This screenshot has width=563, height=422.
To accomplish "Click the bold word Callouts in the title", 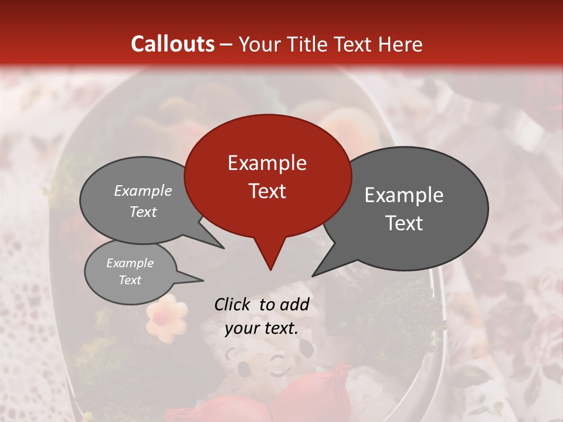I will (x=172, y=44).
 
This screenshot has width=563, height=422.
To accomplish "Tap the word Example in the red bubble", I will (x=267, y=163).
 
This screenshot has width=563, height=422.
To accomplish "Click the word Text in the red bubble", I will (x=267, y=191).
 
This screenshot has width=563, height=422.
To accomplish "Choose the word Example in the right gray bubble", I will (x=403, y=195).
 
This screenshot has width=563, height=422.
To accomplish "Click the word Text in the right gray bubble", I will (x=403, y=223).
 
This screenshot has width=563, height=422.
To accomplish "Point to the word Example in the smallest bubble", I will (x=130, y=263).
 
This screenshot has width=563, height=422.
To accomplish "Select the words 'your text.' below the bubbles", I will (x=262, y=329).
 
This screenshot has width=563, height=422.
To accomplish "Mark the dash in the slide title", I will (x=226, y=45).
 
